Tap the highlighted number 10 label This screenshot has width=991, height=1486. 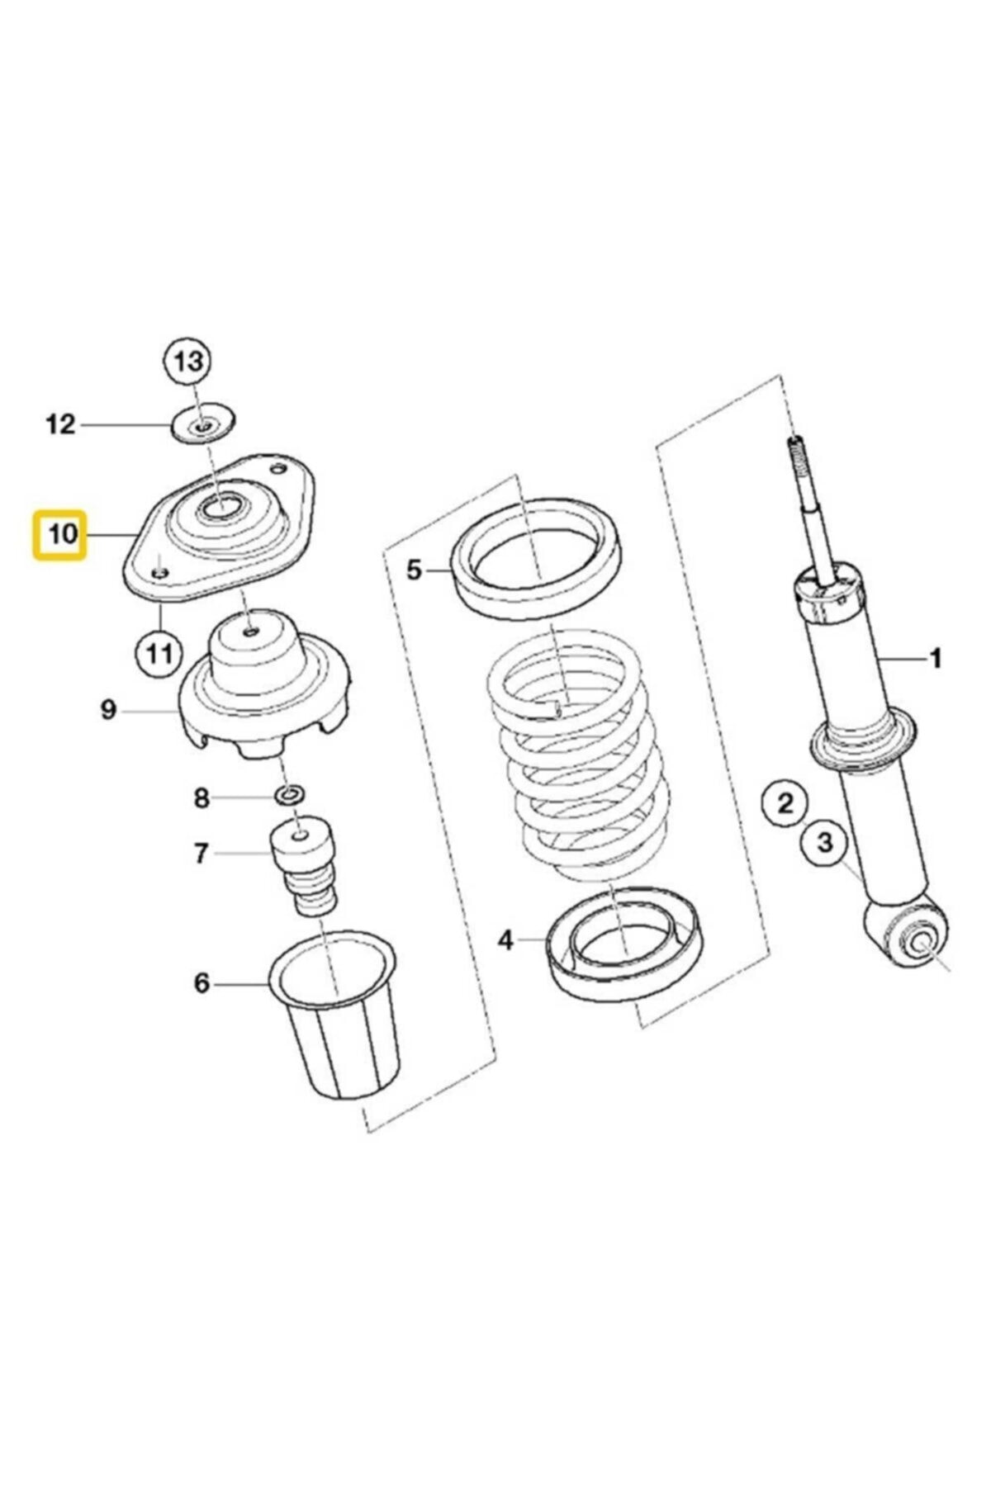point(59,534)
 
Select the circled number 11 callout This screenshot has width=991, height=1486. point(158,654)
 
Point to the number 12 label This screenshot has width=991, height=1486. point(60,425)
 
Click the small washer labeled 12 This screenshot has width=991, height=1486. point(203,425)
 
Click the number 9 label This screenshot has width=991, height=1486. point(108,709)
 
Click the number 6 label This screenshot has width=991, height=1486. point(202,984)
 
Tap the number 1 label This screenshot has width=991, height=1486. point(935,658)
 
